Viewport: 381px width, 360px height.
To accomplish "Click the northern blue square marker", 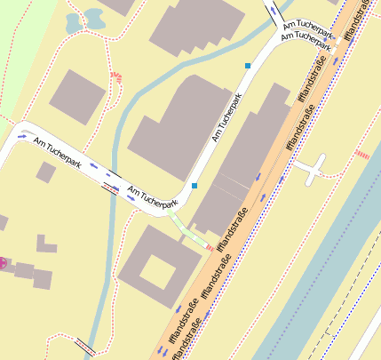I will click(x=248, y=66).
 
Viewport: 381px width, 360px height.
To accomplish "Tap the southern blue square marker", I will click(x=194, y=186).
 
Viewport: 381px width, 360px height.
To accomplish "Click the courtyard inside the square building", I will click(x=157, y=271).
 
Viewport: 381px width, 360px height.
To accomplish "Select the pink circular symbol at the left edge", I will click(x=2, y=262).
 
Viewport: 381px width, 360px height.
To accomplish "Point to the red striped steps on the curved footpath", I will click(x=118, y=79).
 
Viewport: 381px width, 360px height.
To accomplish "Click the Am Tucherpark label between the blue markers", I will click(x=226, y=118).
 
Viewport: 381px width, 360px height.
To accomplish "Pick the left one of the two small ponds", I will click(x=73, y=21).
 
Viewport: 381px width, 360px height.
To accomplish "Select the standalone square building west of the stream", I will click(x=76, y=96).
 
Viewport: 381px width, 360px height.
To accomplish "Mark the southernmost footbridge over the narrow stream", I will click(x=85, y=344).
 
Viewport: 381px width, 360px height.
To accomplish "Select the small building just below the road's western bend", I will click(x=44, y=172).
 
